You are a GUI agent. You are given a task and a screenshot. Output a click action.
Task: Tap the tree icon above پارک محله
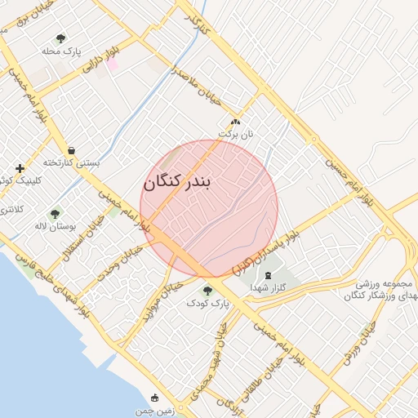tap(60, 38)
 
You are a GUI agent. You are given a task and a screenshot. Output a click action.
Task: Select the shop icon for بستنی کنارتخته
tap(72, 150)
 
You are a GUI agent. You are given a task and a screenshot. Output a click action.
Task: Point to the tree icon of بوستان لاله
tap(55, 214)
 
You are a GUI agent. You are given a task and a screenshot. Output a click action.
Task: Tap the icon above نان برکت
tap(235, 122)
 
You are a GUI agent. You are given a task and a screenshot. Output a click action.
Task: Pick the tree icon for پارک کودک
tap(207, 290)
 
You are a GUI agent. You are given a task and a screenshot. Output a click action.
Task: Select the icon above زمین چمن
tap(155, 398)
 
